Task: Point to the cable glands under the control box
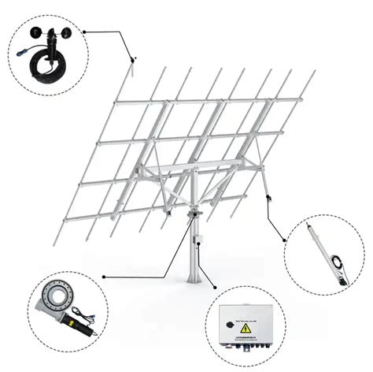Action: coord(247,352)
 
